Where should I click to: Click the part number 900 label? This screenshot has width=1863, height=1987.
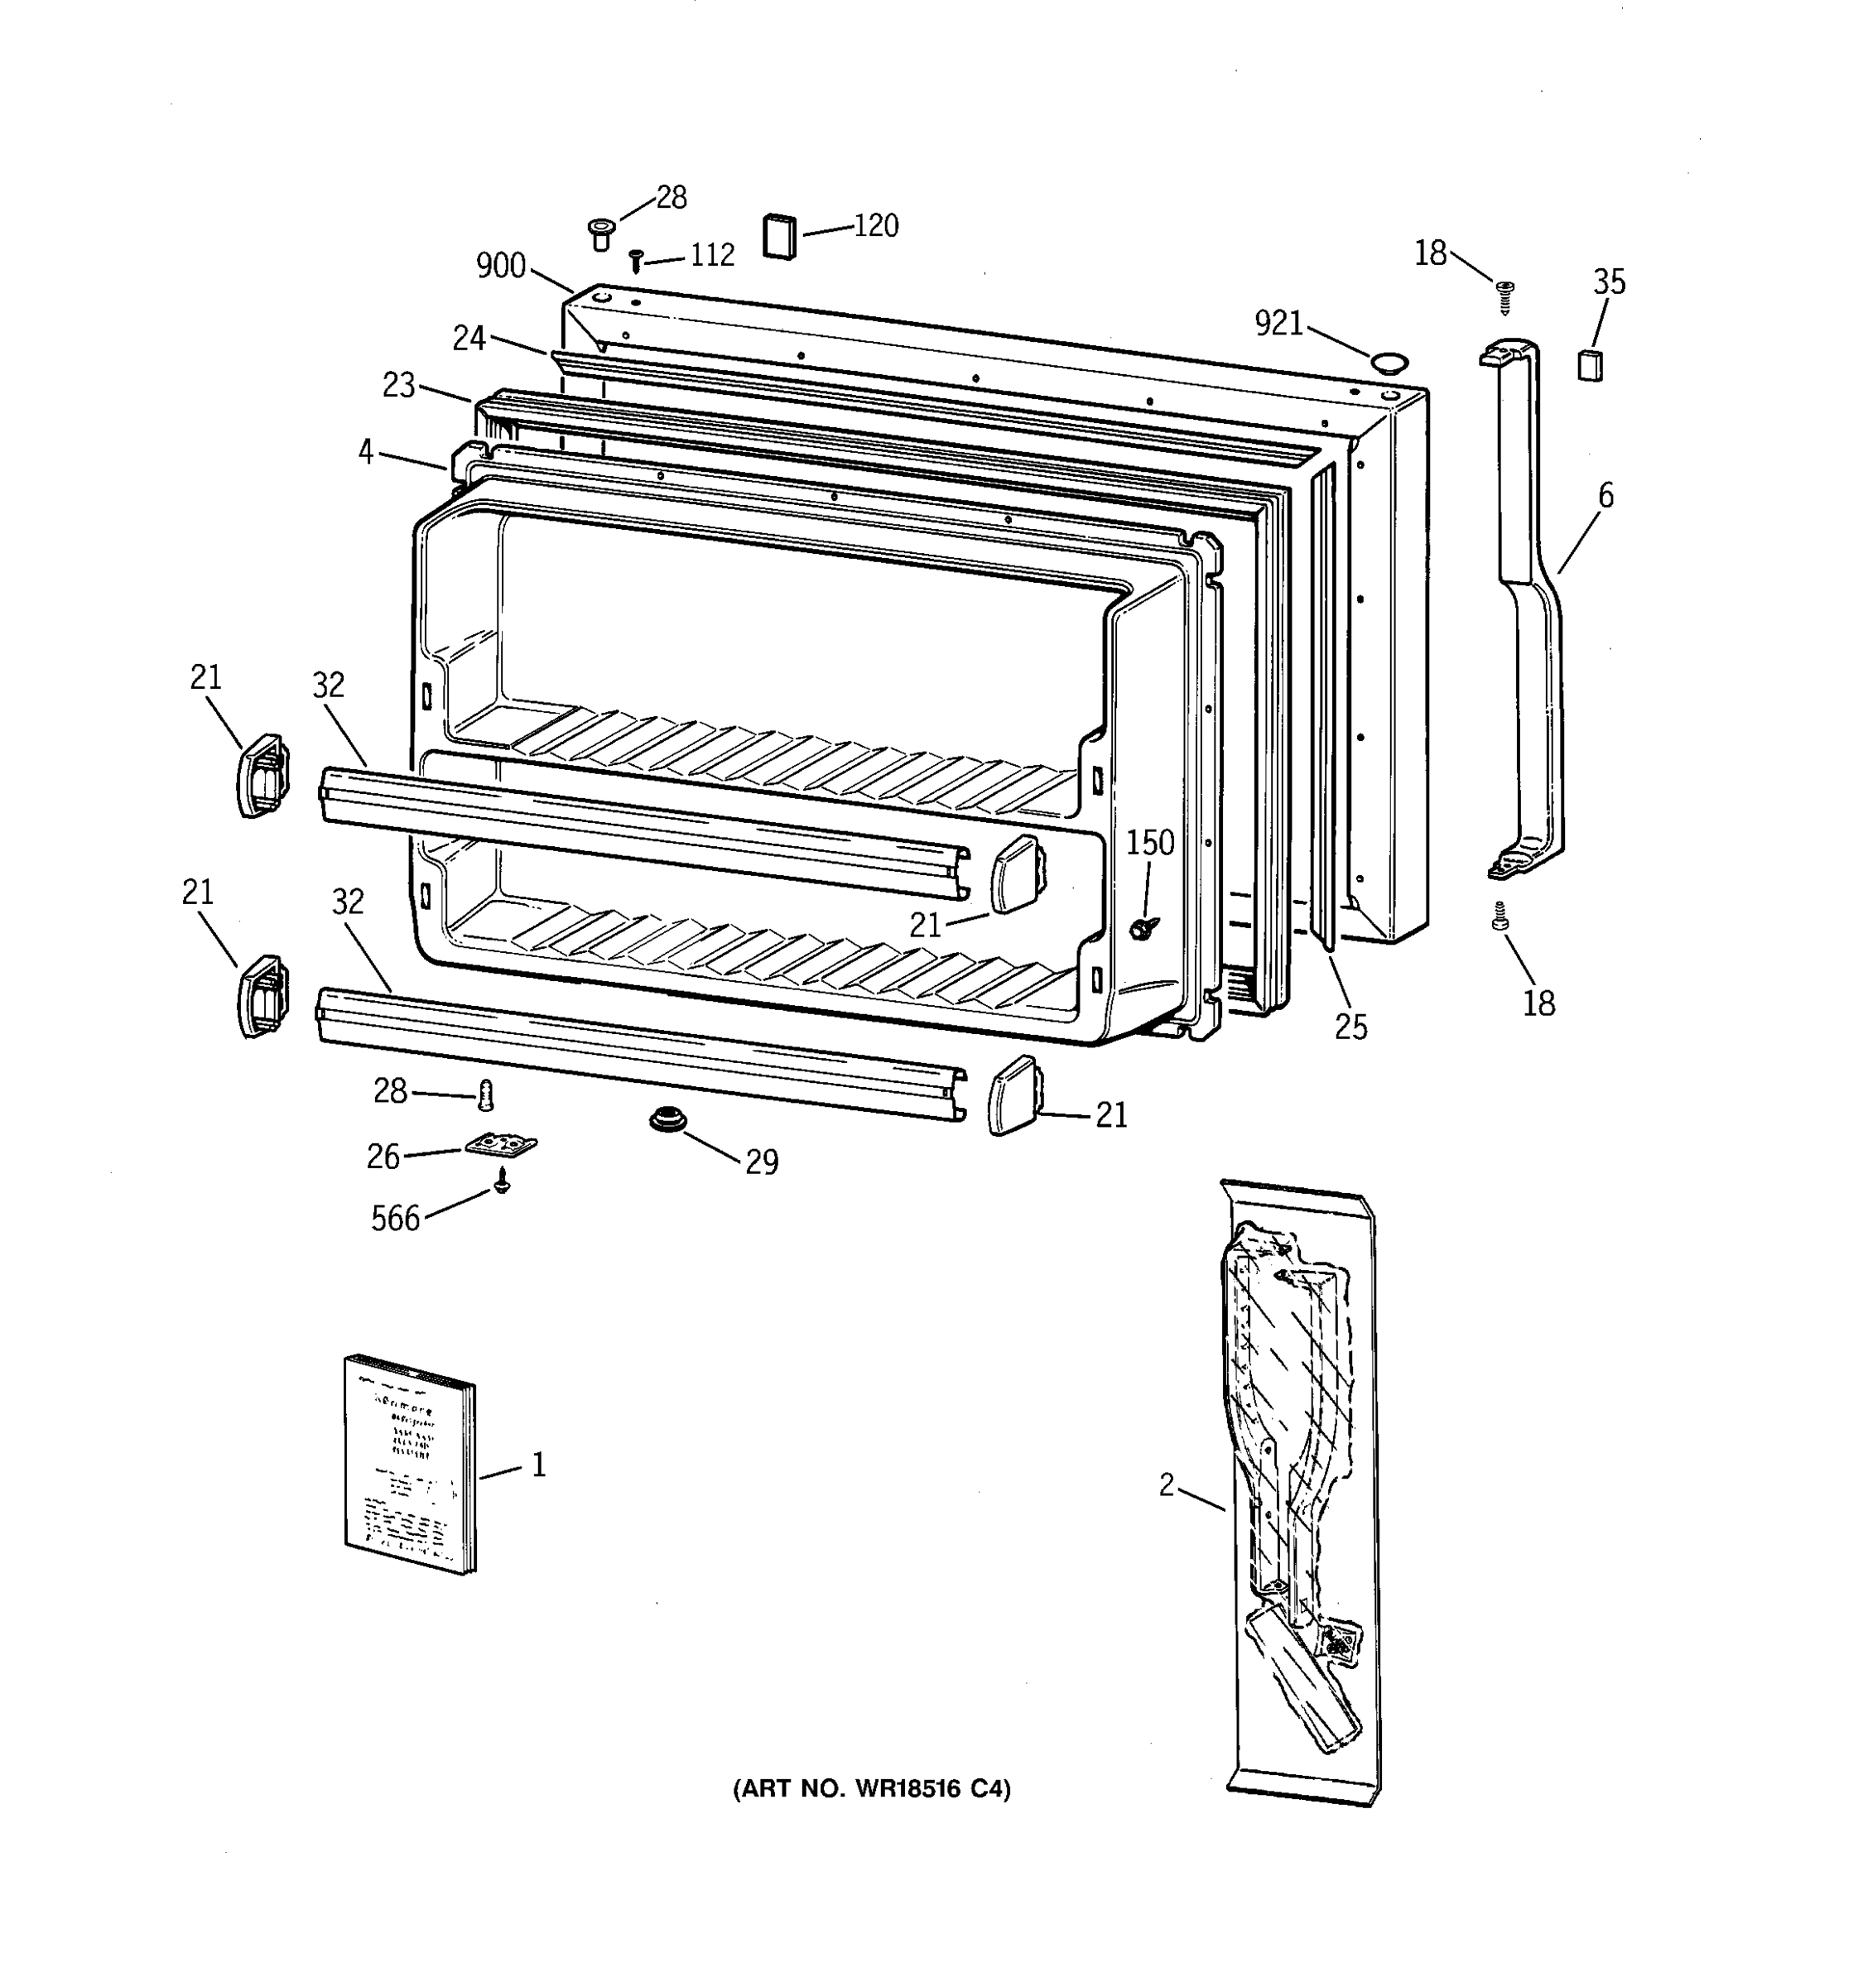501,265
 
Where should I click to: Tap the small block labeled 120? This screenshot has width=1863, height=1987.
781,236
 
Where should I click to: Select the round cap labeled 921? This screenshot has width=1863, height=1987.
1386,361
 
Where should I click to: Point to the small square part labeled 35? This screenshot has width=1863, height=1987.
1589,365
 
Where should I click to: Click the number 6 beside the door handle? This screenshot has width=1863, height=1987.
1605,496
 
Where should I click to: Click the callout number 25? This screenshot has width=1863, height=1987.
1350,1027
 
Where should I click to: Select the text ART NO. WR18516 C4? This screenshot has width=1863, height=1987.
872,1789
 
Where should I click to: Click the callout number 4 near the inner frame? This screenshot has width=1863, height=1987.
366,453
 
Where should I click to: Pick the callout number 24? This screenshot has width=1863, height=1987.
469,339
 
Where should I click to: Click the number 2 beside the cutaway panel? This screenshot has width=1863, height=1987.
1167,1485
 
